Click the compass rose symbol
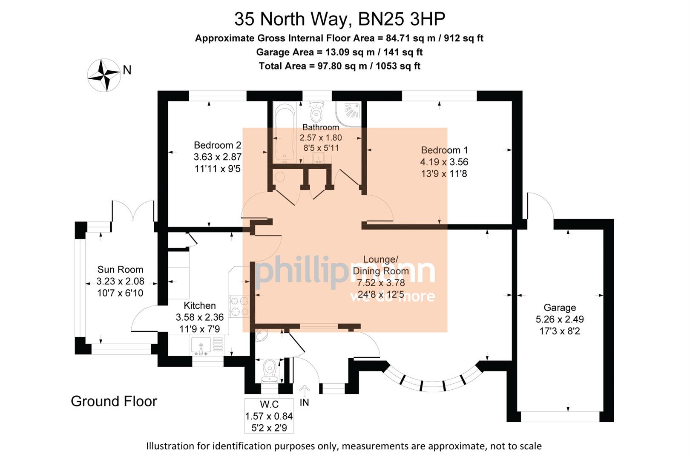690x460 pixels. pos(104,75)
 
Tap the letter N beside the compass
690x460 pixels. pos(127,70)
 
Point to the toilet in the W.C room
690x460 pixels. pos(269,369)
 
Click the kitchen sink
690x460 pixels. pos(201,345)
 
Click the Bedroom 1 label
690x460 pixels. pos(444,150)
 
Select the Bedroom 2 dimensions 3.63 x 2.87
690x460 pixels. pos(217,157)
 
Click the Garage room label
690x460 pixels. pos(560,308)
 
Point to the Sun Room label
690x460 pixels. pos(120,270)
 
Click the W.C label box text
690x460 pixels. pos(269,405)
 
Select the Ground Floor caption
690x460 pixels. pos(114,401)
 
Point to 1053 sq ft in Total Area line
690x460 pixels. pos(398,66)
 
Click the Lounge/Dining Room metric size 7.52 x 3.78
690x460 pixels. pos(381,283)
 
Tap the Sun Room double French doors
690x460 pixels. pos(133,211)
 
